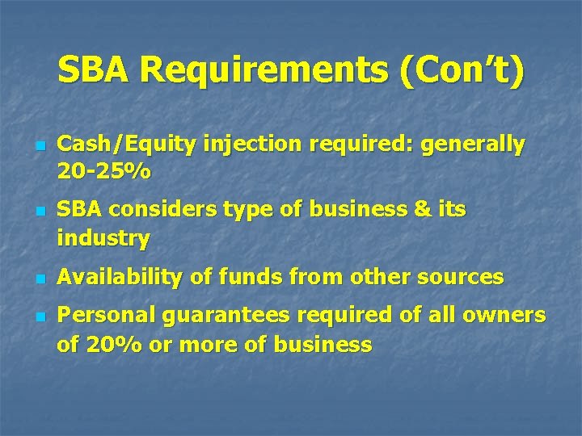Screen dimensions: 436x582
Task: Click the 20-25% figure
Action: [x=103, y=173]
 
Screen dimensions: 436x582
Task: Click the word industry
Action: [x=103, y=239]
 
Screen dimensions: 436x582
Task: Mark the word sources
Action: [x=458, y=277]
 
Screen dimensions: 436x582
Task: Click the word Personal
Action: [x=109, y=315]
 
